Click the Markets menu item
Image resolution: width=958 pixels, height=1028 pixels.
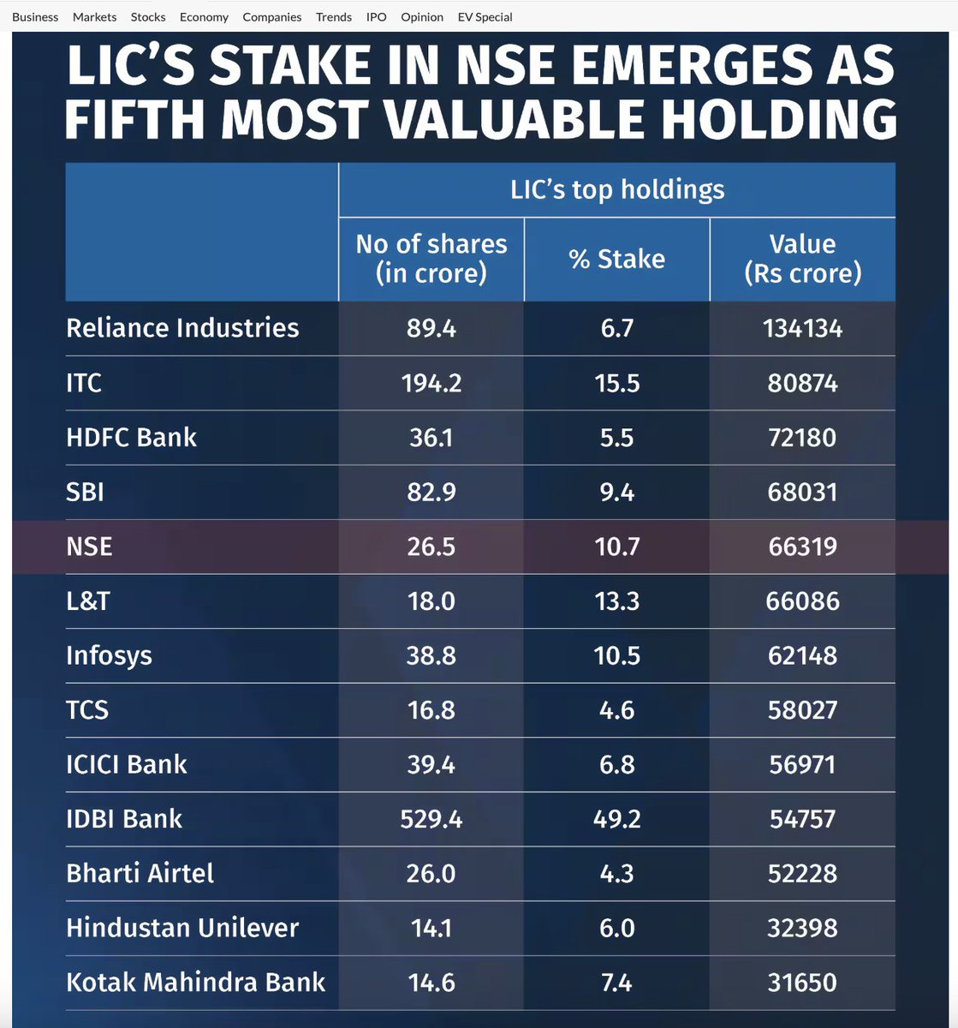click(94, 17)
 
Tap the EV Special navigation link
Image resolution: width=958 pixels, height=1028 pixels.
click(485, 17)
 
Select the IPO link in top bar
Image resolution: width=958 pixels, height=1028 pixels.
click(377, 17)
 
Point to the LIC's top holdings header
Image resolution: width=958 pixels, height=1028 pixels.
click(616, 189)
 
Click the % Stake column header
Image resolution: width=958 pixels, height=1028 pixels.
click(616, 259)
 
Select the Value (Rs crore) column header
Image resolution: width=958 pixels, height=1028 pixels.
click(802, 259)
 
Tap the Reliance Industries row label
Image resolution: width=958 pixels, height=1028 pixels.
click(182, 328)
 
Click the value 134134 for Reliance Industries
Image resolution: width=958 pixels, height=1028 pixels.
click(802, 328)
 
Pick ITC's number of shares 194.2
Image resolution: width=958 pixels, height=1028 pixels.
click(431, 383)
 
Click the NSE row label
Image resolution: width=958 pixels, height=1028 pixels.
click(89, 547)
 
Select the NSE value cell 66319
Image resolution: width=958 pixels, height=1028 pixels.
click(802, 547)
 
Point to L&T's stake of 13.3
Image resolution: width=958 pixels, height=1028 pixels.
click(616, 601)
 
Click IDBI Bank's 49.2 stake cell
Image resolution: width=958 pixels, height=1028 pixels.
click(616, 819)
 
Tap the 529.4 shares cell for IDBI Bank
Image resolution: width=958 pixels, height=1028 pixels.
click(431, 819)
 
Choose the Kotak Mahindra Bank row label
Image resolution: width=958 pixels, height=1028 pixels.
click(195, 982)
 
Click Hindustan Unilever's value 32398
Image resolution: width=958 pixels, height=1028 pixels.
click(802, 928)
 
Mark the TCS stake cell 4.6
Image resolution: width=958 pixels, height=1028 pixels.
click(616, 710)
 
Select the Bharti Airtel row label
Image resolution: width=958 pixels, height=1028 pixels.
click(140, 874)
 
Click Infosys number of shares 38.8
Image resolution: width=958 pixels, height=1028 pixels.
click(431, 656)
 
